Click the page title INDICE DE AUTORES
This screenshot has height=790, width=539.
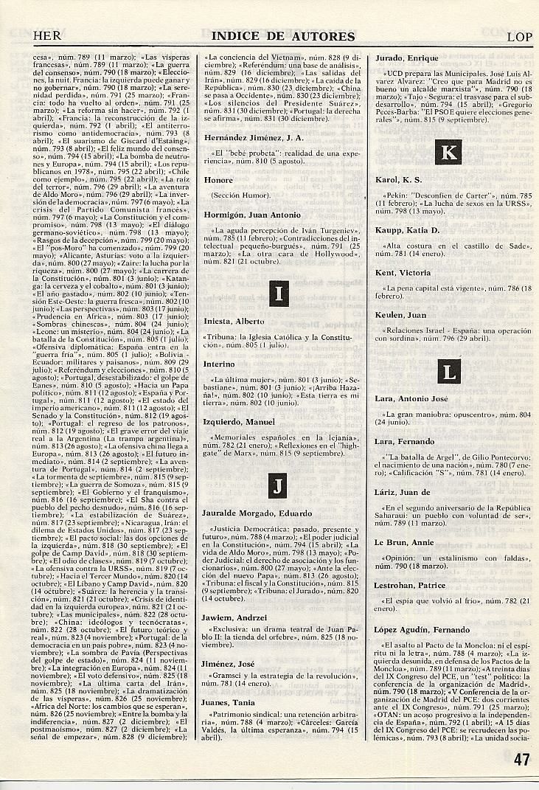283,36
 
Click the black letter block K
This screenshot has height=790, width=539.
448,153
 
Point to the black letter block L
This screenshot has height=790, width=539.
448,373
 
